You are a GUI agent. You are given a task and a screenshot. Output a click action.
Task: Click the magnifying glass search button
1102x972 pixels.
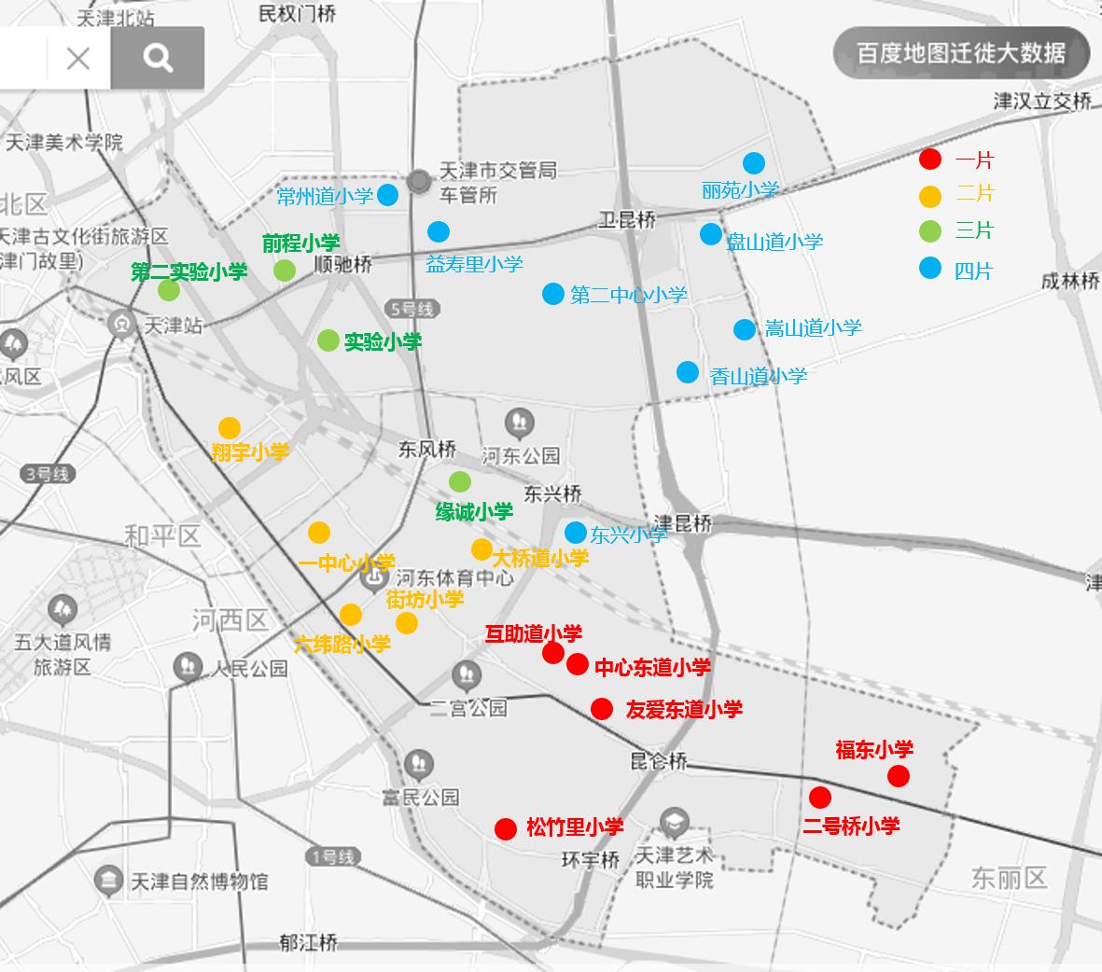(x=158, y=59)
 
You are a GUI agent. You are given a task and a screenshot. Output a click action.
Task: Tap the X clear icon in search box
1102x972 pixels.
(x=78, y=59)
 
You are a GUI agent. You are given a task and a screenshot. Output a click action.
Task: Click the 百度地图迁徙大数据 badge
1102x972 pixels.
(x=961, y=52)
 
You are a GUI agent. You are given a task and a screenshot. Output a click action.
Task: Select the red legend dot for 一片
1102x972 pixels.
(x=930, y=160)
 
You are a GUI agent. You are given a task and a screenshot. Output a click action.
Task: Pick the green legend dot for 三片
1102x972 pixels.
(x=930, y=230)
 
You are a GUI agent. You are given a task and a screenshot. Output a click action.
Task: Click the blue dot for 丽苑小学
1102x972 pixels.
(x=753, y=161)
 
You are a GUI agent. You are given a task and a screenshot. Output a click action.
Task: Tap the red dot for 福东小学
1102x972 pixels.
(x=898, y=775)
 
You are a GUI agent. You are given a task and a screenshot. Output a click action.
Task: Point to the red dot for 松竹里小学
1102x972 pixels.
(x=506, y=828)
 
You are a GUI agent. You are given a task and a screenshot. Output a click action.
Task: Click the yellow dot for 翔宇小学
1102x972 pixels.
(x=230, y=428)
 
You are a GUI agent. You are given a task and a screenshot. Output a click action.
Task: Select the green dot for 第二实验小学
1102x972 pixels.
(x=169, y=290)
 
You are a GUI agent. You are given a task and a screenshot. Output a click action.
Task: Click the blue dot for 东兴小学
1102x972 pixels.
(x=576, y=533)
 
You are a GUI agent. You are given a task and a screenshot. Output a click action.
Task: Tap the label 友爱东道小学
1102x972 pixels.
(x=684, y=710)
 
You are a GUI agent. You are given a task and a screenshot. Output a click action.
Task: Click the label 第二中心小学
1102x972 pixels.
(x=628, y=296)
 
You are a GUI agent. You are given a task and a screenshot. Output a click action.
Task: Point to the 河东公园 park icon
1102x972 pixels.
(x=520, y=424)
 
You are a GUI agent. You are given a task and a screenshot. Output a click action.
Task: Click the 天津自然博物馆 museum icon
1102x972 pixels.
(x=109, y=880)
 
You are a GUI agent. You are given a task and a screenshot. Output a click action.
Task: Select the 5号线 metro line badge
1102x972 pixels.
(x=411, y=309)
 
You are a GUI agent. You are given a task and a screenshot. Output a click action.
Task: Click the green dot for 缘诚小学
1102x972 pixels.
(x=459, y=481)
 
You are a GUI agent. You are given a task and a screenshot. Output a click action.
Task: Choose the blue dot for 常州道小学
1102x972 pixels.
(x=387, y=195)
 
